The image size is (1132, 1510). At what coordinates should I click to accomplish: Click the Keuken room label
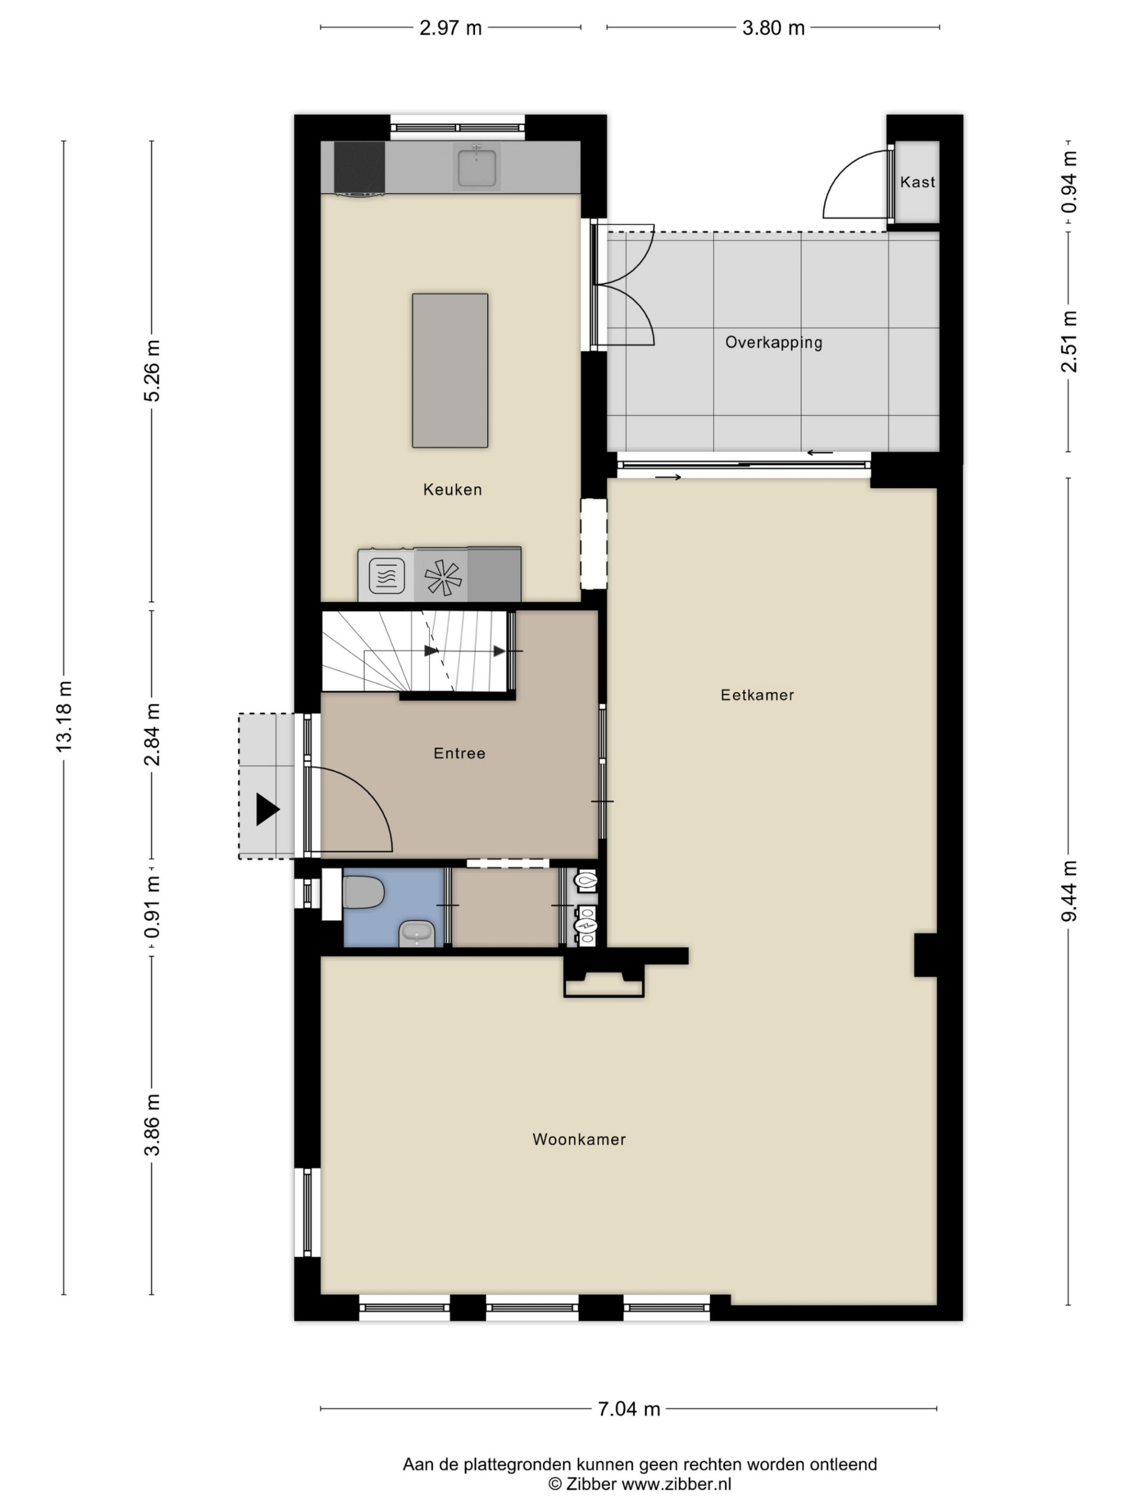452,489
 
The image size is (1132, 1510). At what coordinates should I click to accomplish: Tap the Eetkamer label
757,695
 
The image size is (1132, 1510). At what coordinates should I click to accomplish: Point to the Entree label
459,753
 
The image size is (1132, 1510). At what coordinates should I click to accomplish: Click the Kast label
917,182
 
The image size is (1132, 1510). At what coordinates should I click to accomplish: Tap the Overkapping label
773,342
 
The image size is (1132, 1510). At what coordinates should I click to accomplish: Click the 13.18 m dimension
63,717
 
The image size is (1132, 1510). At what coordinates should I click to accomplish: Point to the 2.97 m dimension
451,28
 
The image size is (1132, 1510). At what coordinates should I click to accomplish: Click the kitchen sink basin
476,166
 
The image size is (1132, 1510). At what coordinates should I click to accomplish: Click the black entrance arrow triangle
268,810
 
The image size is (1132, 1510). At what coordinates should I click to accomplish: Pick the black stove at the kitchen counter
359,169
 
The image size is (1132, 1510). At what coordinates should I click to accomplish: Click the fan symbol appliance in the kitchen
442,577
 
